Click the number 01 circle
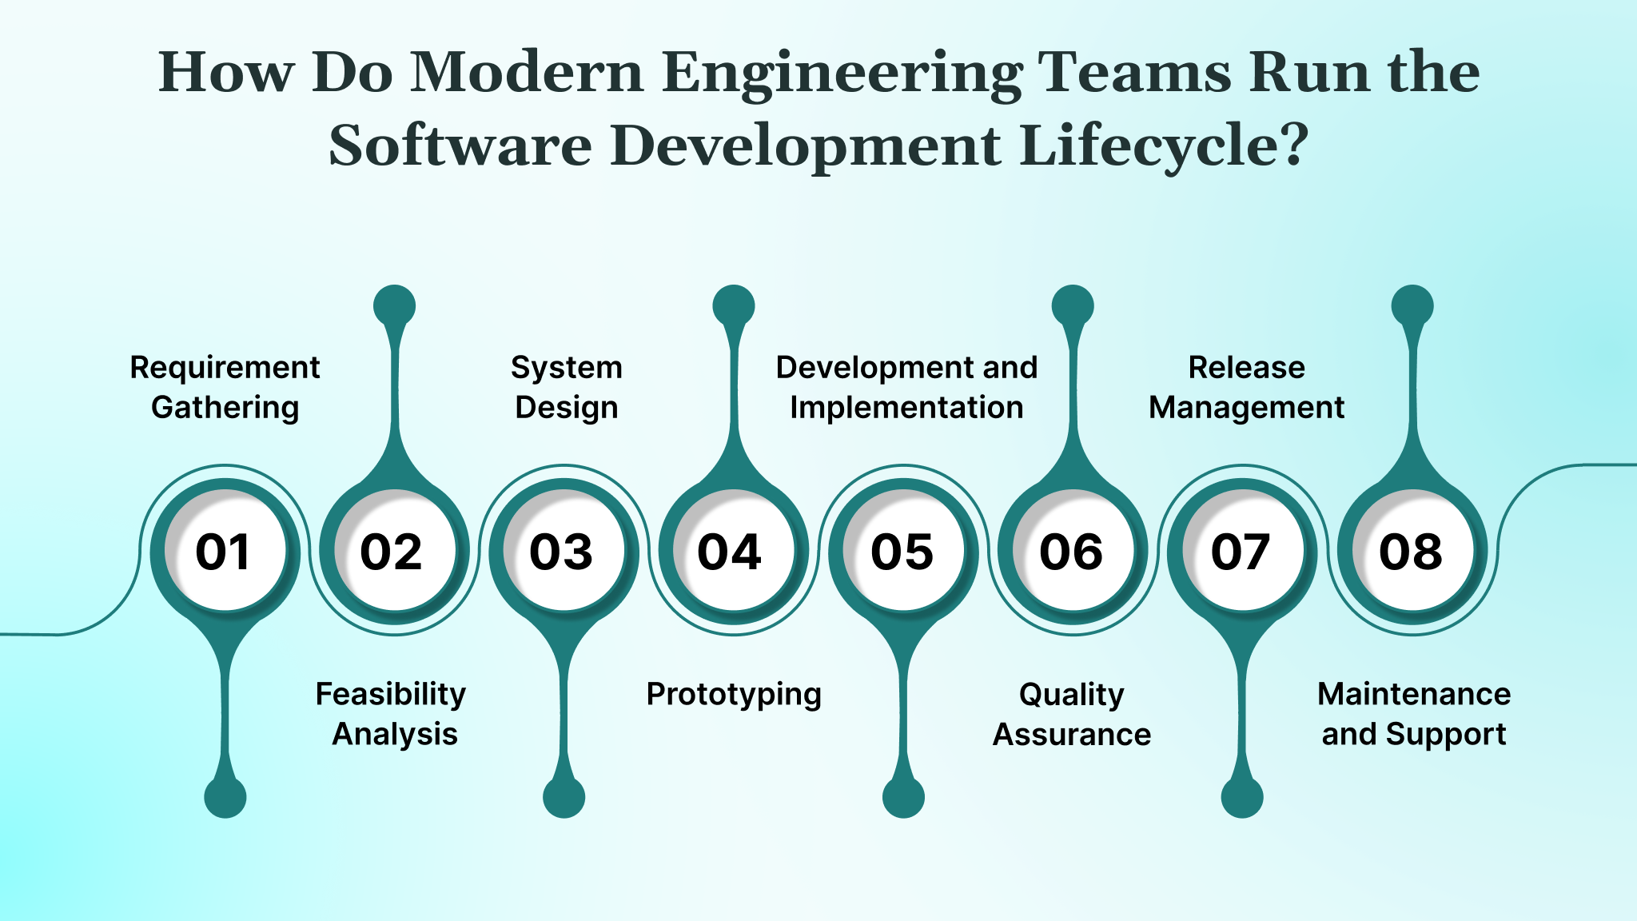[225, 552]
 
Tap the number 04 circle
[733, 552]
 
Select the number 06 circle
[1073, 552]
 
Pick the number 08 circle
[1412, 552]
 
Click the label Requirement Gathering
[225, 387]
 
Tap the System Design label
[566, 387]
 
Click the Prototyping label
[733, 694]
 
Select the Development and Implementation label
[906, 387]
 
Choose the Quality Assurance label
[1072, 713]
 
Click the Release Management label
[1246, 387]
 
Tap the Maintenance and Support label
[1413, 713]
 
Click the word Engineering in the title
[842, 74]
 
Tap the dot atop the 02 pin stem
[394, 306]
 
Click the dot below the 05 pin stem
[903, 797]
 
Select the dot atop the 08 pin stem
[1412, 306]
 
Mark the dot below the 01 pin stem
[225, 797]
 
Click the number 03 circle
[564, 552]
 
